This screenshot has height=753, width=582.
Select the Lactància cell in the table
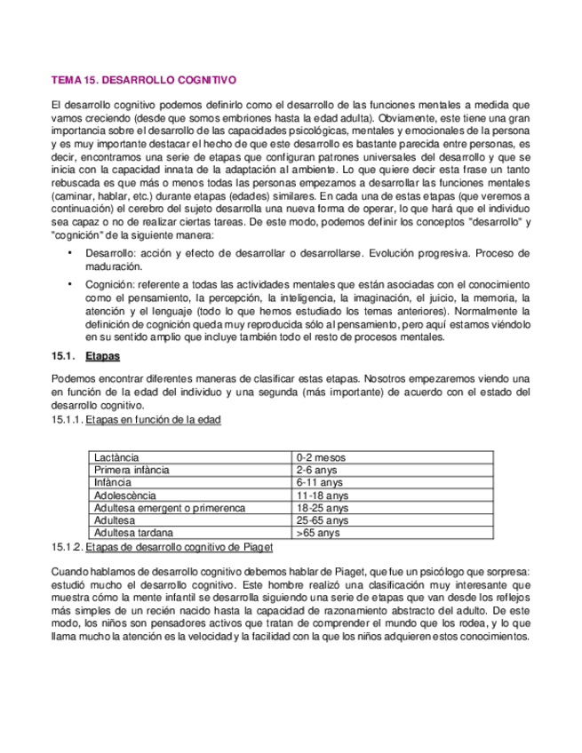tap(115, 457)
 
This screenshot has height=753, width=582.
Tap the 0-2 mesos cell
tap(321, 457)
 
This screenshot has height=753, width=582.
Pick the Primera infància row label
tap(132, 470)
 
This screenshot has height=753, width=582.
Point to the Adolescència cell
tap(124, 495)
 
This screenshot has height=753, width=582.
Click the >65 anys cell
tap(318, 534)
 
